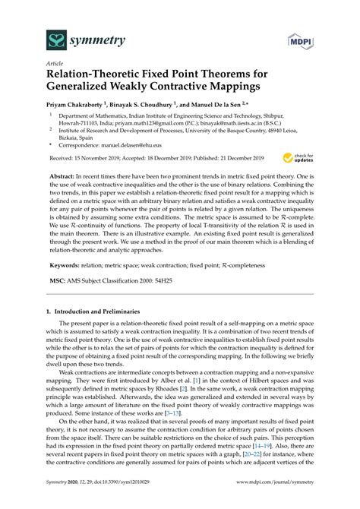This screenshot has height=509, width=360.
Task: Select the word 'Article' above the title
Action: click(55, 65)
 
